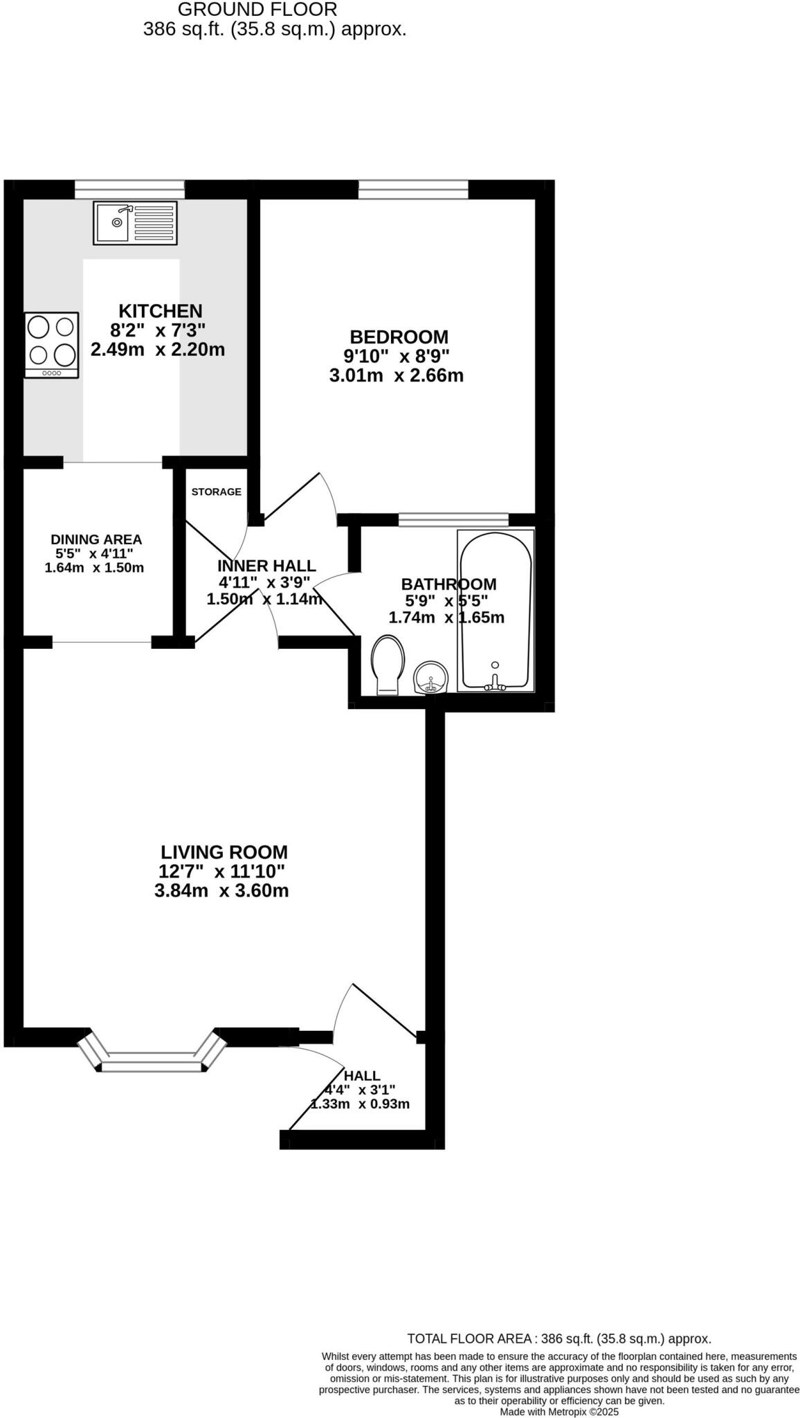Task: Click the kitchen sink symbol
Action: [x=135, y=222]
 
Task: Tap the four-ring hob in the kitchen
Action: [x=52, y=344]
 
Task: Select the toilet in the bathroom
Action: [x=388, y=665]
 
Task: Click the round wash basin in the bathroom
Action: [x=431, y=676]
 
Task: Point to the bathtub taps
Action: [x=495, y=684]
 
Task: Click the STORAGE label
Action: [x=216, y=492]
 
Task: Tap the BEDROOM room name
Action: [x=399, y=337]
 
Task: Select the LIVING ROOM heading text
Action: [x=224, y=852]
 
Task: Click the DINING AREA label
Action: [x=96, y=539]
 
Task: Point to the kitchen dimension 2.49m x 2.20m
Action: [x=158, y=350]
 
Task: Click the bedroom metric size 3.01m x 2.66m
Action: [x=397, y=376]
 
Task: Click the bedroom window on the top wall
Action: [x=413, y=188]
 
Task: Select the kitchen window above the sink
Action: [x=129, y=188]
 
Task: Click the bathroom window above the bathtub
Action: [x=453, y=519]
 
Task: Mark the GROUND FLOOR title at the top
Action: [x=257, y=10]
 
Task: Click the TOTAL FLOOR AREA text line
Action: [x=558, y=1338]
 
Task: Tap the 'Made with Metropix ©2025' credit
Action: [x=558, y=1411]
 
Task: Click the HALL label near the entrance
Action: [x=362, y=1075]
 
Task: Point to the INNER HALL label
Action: [x=266, y=566]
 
